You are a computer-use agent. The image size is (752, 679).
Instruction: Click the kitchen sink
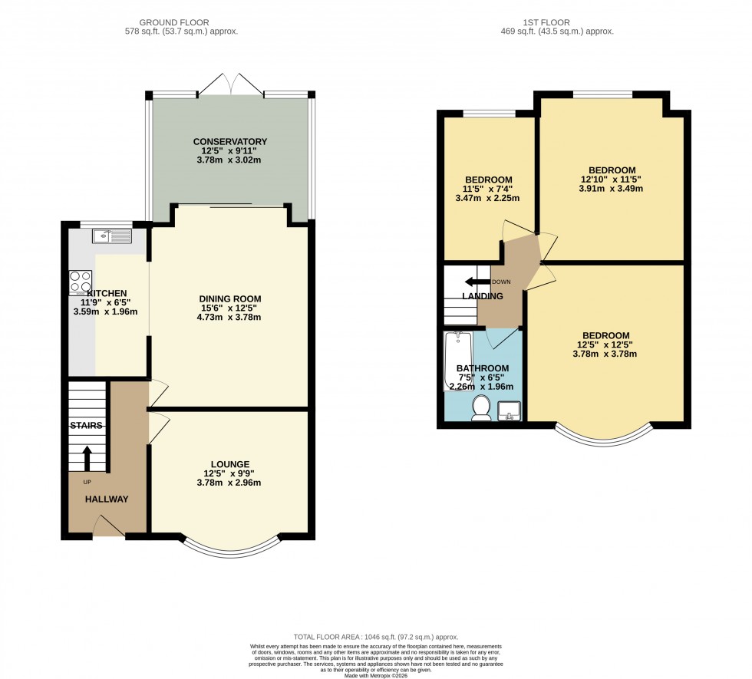coord(111,236)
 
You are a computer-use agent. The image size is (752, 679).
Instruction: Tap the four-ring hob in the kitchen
coord(81,282)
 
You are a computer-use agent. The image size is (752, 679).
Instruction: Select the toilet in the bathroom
coord(482,407)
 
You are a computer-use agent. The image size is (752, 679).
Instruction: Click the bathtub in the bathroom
coord(458,361)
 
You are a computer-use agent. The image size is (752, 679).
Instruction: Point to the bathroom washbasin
coord(510,413)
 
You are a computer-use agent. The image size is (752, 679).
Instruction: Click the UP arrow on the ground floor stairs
coord(86,458)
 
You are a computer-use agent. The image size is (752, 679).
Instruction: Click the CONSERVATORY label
coord(230,141)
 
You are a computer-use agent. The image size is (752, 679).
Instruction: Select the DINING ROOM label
coord(230,298)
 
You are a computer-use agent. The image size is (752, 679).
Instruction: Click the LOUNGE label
coord(230,464)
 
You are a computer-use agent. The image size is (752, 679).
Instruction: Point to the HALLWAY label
coord(107,499)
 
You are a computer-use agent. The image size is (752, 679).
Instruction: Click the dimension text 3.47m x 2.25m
coord(487,198)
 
